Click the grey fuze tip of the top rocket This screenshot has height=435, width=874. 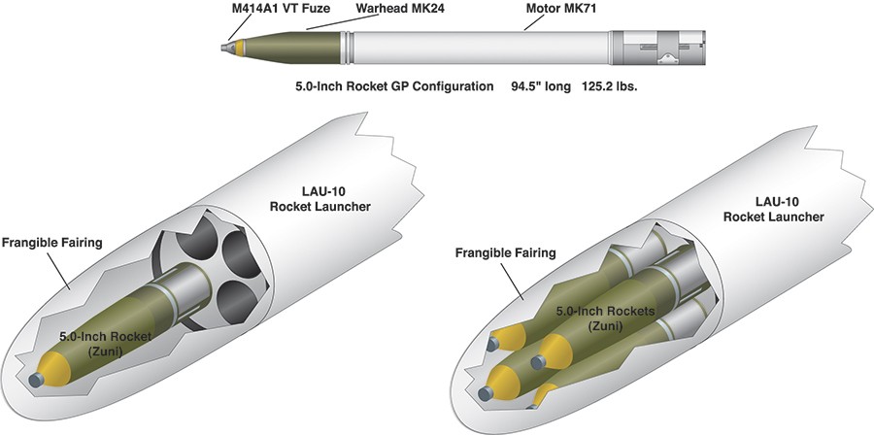click(228, 48)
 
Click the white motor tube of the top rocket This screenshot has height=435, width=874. click(481, 48)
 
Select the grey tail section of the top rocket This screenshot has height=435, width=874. click(657, 48)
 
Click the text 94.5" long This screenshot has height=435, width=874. click(541, 87)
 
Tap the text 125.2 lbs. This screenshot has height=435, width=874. click(609, 87)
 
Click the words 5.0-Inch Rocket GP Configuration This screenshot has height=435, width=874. click(394, 87)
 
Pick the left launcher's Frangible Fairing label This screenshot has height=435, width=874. click(52, 243)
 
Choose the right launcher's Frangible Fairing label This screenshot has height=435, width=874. click(506, 252)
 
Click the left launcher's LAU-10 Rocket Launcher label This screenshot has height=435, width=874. click(320, 199)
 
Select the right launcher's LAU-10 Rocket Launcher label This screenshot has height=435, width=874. click(774, 210)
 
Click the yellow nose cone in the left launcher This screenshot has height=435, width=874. click(55, 369)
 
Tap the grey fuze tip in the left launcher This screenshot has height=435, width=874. click(36, 380)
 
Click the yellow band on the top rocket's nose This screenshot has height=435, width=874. click(240, 48)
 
